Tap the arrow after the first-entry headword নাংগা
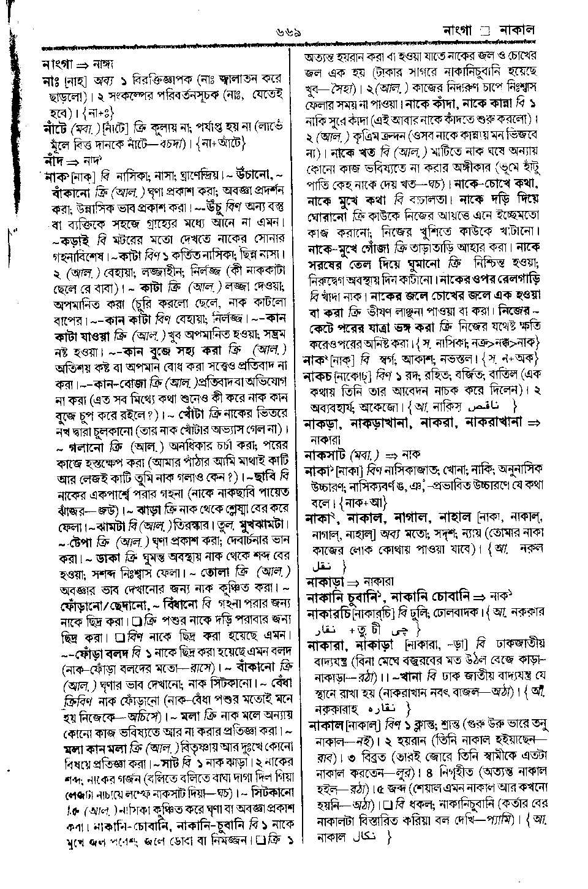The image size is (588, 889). pos(82,64)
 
